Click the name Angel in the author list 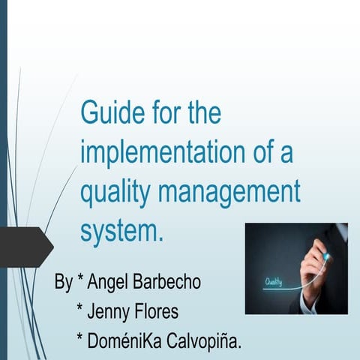[x=109, y=284]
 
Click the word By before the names [x=64, y=284]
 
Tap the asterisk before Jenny [x=80, y=310]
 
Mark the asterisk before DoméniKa [x=80, y=339]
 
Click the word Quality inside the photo [x=274, y=283]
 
